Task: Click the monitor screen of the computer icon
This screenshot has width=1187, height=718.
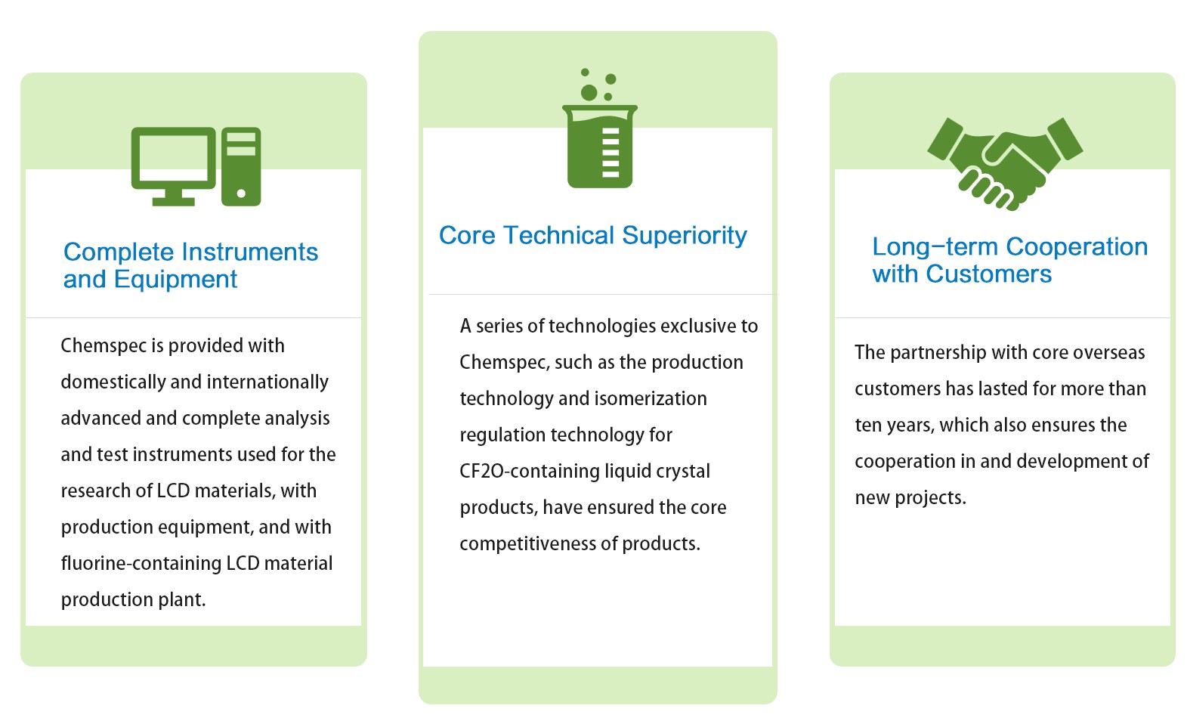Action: [x=173, y=157]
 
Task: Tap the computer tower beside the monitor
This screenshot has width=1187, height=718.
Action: [x=241, y=166]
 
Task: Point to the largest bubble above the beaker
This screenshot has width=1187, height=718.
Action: [x=589, y=93]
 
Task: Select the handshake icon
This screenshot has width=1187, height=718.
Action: [x=1005, y=164]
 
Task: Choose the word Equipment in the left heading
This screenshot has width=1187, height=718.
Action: [x=175, y=280]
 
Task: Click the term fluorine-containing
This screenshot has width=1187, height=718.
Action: [x=141, y=563]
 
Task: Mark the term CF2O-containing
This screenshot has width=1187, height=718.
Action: [x=530, y=472]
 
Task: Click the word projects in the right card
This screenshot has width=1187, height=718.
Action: [x=931, y=498]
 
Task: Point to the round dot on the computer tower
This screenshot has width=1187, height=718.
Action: [x=241, y=193]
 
